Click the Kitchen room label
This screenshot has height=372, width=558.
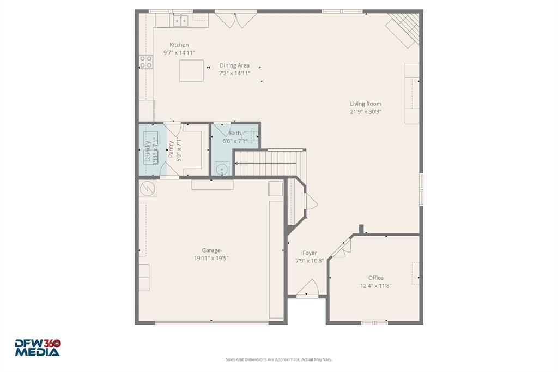(x=179, y=45)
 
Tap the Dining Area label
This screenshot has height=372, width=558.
(x=234, y=65)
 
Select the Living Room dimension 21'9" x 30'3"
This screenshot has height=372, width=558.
(x=366, y=111)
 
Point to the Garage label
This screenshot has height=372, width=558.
(x=211, y=250)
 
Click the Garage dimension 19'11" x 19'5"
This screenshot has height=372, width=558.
(x=211, y=259)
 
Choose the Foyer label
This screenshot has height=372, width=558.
(x=310, y=253)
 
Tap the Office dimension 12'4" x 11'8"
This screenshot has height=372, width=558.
(x=376, y=286)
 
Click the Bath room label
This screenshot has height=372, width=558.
(x=235, y=133)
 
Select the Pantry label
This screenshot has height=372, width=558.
(x=171, y=149)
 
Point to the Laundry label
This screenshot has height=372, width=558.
(x=148, y=152)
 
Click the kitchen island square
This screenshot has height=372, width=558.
(x=191, y=70)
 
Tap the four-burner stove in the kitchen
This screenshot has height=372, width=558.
(x=145, y=62)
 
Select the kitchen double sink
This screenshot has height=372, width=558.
(x=181, y=21)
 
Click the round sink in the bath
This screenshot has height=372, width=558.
(x=222, y=169)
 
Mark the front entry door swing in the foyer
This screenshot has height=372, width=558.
(x=307, y=287)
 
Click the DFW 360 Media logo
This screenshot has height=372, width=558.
(x=38, y=348)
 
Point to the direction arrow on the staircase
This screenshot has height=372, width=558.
(x=265, y=164)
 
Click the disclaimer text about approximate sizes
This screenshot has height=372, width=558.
(x=279, y=359)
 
